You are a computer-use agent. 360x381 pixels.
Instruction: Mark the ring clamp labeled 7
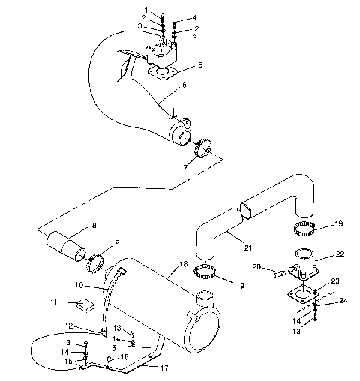203,151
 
